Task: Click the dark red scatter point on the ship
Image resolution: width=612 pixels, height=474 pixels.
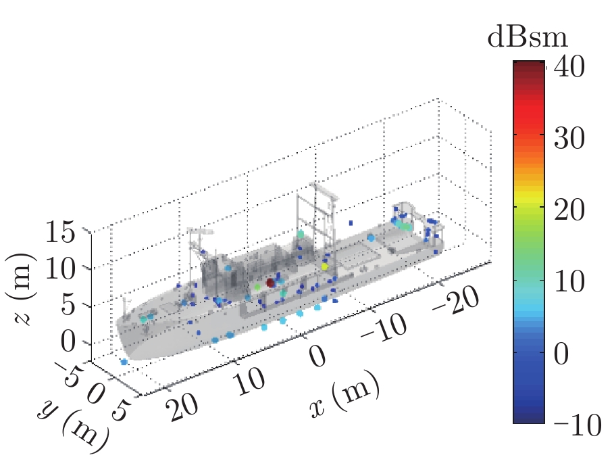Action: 271,283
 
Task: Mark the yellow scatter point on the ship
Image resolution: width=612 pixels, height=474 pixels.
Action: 325,266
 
